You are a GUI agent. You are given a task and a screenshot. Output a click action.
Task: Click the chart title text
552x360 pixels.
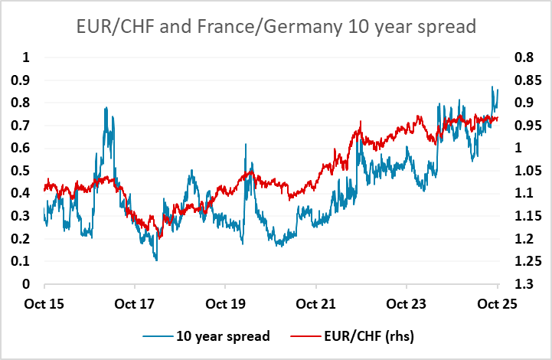(276, 27)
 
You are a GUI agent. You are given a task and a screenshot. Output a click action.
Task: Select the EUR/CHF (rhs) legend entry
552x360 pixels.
(361, 335)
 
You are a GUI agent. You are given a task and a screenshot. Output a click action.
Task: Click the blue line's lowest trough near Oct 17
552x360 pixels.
(156, 260)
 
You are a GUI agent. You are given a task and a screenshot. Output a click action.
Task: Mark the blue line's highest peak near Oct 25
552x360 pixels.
(492, 87)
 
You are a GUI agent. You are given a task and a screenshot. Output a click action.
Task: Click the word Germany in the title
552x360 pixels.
(300, 27)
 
